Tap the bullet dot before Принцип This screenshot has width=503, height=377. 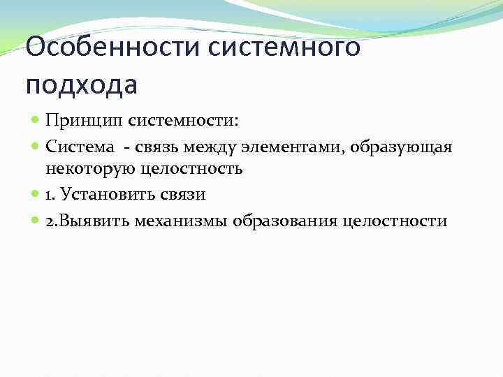tap(36, 121)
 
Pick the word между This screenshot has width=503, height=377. tap(217, 146)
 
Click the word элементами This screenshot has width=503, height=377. tap(302, 146)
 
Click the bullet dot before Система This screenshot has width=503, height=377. tap(36, 147)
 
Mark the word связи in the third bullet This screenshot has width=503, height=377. tap(183, 195)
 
